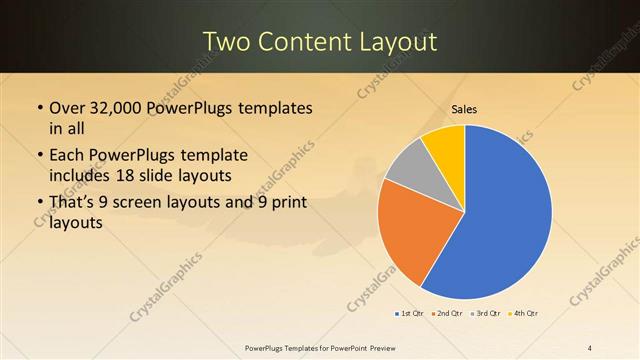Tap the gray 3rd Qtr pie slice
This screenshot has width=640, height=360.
408,170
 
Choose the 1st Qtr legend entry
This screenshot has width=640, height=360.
410,315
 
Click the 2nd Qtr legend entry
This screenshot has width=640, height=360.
445,315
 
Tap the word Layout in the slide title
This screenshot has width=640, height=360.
400,41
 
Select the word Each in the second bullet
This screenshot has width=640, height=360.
69,156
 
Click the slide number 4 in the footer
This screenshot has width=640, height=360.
590,347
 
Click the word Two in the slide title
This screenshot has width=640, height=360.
229,41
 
